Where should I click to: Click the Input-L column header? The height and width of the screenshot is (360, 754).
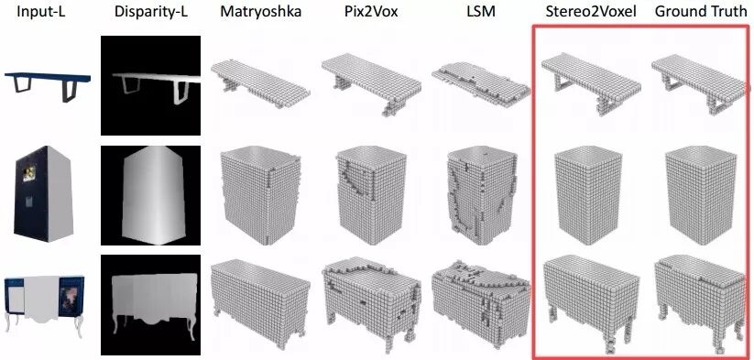(41, 12)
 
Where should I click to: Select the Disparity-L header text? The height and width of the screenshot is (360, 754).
(150, 13)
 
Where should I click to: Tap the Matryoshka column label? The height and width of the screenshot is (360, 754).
(260, 13)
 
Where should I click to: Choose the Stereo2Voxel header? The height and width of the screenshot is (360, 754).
(591, 12)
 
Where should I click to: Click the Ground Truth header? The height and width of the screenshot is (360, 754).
(701, 12)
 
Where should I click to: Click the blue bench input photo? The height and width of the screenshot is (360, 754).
(48, 86)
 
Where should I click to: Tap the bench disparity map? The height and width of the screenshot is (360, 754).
(150, 85)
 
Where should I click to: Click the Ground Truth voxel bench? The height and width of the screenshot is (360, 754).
(700, 84)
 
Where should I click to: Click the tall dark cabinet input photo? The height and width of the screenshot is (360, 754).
(44, 193)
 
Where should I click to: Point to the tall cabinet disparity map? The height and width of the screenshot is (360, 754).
(150, 196)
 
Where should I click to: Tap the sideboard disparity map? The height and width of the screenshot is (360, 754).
(150, 305)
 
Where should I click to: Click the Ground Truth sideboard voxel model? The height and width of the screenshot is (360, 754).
(700, 303)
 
